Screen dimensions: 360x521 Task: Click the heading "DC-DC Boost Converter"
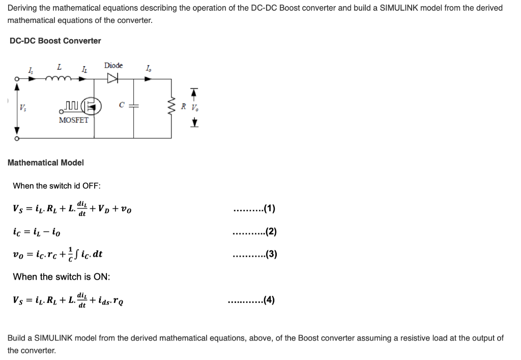pyautogui.click(x=55, y=41)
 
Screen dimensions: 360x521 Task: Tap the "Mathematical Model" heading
pyautogui.click(x=46, y=162)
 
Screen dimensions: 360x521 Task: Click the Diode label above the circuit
pyautogui.click(x=113, y=65)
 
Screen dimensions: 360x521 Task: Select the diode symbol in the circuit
pyautogui.click(x=113, y=78)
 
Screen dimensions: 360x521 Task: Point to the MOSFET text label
pyautogui.click(x=73, y=120)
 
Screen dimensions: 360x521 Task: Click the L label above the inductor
pyautogui.click(x=60, y=67)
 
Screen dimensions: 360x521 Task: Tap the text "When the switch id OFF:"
pyautogui.click(x=56, y=185)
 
